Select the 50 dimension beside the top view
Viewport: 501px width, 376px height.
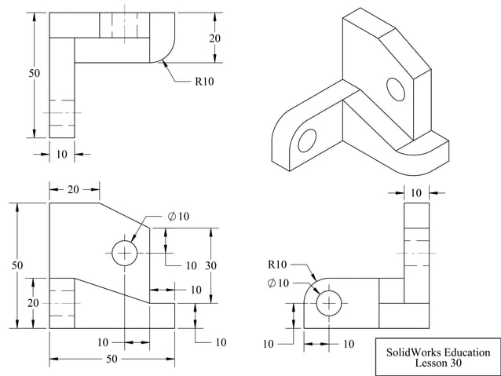[34, 73]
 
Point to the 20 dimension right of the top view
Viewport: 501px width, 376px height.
[214, 38]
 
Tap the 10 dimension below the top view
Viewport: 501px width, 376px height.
[62, 154]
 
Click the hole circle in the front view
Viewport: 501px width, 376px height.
[125, 253]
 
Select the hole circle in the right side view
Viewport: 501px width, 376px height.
[328, 302]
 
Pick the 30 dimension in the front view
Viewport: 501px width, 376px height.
[211, 265]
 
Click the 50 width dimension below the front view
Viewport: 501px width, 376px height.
[112, 359]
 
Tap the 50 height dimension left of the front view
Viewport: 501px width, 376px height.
[17, 265]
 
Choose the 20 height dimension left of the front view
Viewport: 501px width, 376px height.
[34, 302]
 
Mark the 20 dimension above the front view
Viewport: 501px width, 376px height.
[74, 189]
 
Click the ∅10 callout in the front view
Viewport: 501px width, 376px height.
[178, 217]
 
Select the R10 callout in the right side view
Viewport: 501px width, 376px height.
[277, 264]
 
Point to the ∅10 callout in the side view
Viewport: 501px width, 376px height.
[278, 283]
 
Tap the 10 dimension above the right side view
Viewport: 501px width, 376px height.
[416, 192]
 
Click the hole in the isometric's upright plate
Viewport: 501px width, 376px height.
[395, 90]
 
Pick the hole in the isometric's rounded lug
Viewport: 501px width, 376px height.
[306, 141]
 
